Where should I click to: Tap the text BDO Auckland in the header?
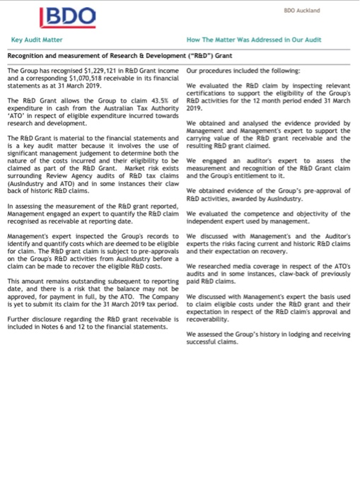pyautogui.click(x=302, y=11)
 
